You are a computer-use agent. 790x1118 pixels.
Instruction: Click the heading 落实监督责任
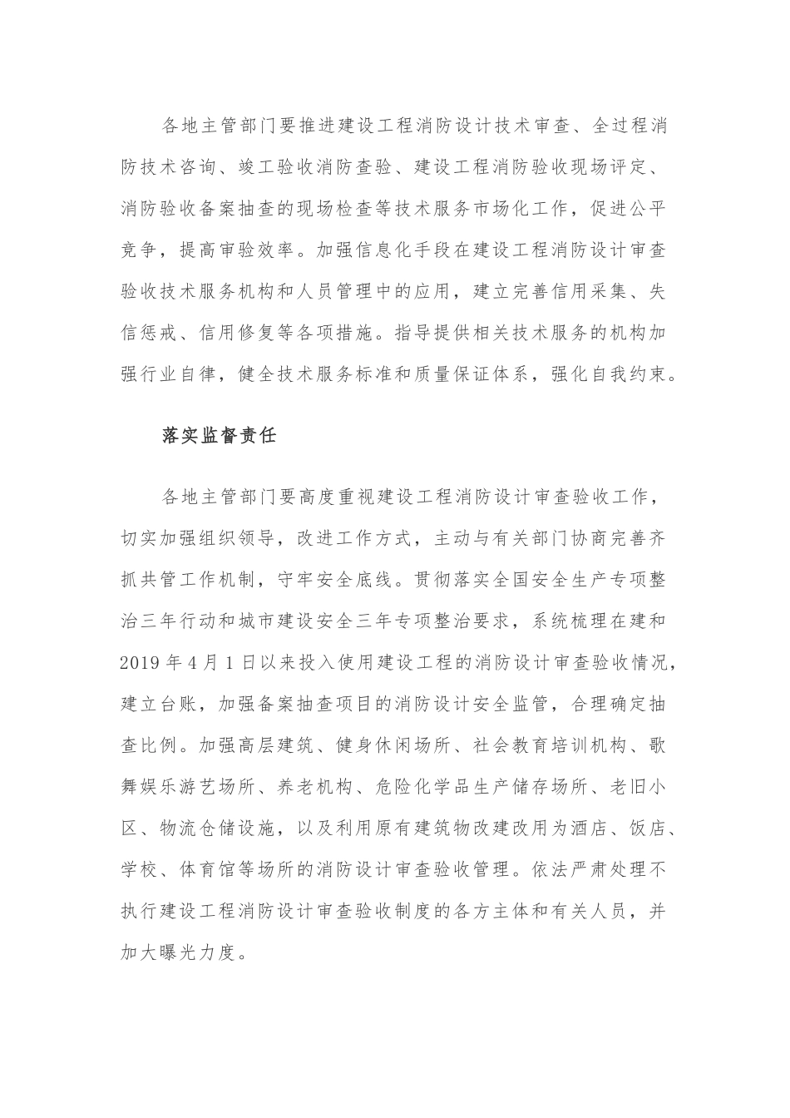[x=219, y=436]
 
